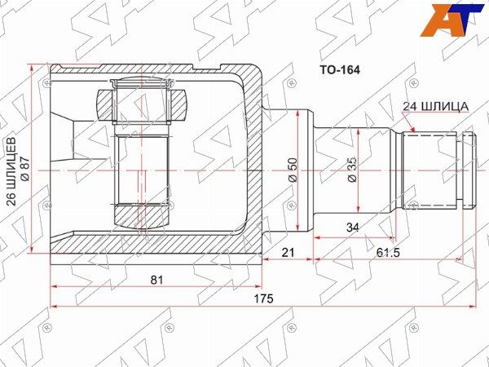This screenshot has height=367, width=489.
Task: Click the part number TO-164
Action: click(x=339, y=70)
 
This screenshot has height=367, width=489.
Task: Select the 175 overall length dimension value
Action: click(x=263, y=298)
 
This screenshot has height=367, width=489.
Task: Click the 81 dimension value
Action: click(x=156, y=280)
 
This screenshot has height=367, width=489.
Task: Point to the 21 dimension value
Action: click(x=288, y=252)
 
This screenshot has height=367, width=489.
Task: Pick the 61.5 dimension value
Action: click(x=388, y=253)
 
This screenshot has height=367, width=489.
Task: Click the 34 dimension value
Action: click(x=353, y=228)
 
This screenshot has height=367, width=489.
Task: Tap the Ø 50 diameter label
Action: click(x=293, y=170)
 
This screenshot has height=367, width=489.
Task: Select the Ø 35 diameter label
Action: click(x=351, y=170)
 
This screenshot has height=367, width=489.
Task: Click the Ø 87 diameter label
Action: click(x=25, y=169)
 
